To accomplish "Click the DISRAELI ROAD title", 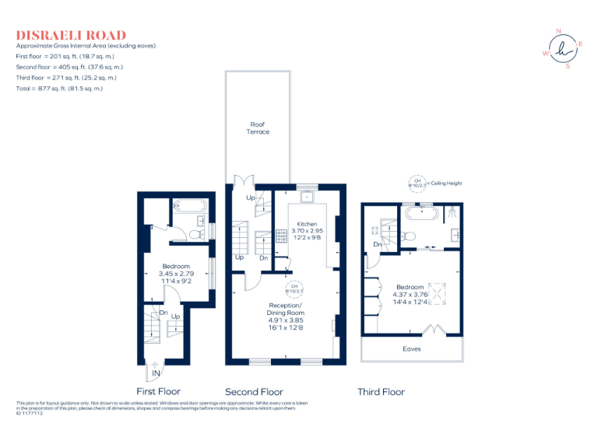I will coord(71,35).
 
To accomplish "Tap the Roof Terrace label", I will coord(258,128).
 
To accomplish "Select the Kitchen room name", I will coord(307,223).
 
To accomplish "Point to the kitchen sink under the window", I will coord(308,197).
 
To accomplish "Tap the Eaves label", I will coord(412,348).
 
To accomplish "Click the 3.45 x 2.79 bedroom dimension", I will coord(176,273).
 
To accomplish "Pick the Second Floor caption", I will coord(254,392).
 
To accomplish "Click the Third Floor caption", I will coord(381,392).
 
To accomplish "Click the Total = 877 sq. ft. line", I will coord(59,89).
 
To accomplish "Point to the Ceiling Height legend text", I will coord(445,184).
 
